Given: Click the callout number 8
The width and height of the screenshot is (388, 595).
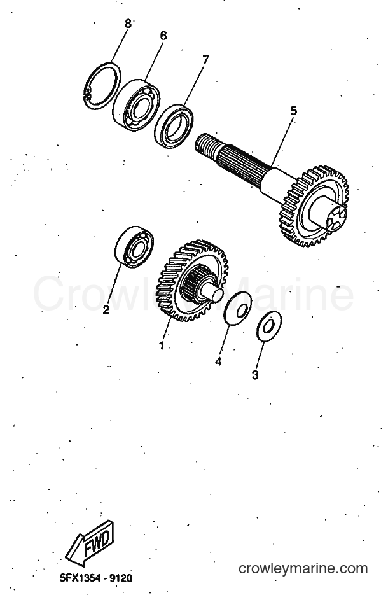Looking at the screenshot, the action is point(128,24).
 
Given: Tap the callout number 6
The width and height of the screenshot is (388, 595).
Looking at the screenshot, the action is point(163,36).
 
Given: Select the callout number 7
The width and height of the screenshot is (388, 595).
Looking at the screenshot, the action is point(205,60).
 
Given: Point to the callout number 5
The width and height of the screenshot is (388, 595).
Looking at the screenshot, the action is point(294,111).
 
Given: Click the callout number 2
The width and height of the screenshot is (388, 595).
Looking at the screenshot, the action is point(106,310).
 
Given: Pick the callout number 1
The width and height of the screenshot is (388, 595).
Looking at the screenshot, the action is point(162,346).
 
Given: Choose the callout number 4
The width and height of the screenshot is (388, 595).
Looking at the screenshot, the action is point(218,361).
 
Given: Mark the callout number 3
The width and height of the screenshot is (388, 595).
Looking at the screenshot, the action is point(255,375).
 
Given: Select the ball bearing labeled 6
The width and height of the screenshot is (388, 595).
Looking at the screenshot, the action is point(137,105).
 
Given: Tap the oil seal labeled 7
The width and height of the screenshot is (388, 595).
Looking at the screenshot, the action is point(174,126).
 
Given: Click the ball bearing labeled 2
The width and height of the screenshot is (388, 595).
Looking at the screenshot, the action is point(134,247).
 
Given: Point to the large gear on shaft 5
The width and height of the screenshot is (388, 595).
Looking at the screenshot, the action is point(314,206).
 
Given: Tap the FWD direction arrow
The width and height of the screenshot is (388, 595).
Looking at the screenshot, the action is point(90,543).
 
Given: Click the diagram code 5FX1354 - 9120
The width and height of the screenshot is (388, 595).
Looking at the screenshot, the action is point(96,578).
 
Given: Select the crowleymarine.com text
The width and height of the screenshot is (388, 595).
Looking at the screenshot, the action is point(303,568).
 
